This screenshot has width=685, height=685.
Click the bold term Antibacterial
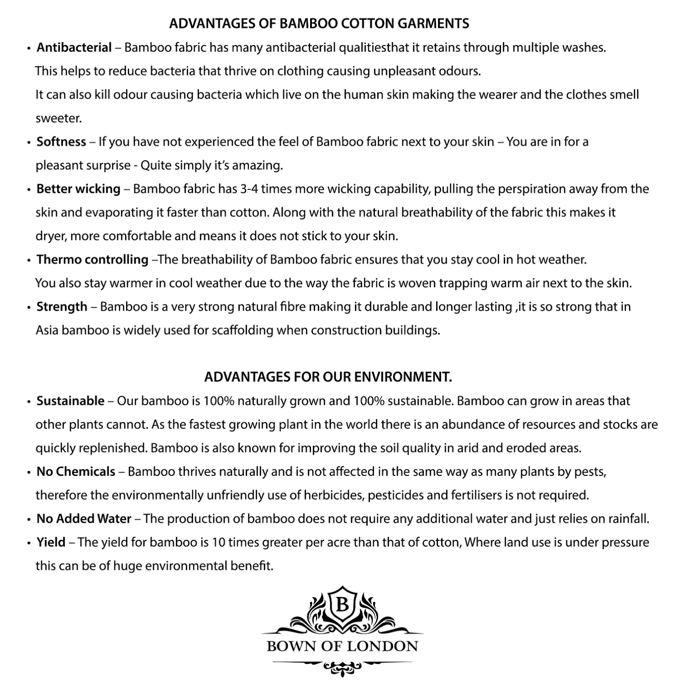(74, 47)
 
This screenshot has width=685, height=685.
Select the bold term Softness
(61, 142)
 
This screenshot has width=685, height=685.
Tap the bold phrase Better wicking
(78, 189)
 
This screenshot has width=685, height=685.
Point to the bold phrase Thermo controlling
(92, 260)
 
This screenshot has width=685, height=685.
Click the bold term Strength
(62, 307)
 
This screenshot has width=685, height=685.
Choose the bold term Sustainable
(70, 401)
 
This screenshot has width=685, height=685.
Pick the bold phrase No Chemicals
(76, 472)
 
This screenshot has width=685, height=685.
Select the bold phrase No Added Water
(84, 519)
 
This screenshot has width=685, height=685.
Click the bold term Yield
(51, 543)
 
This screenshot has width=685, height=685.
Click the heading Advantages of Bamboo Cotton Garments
(319, 24)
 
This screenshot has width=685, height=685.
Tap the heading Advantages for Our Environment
(328, 377)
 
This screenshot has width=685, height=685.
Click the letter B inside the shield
(342, 606)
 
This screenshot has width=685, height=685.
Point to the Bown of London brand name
(342, 646)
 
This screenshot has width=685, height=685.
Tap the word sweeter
(58, 119)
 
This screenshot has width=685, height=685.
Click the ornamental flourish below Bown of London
(342, 668)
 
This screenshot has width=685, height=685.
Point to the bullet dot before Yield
(29, 543)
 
